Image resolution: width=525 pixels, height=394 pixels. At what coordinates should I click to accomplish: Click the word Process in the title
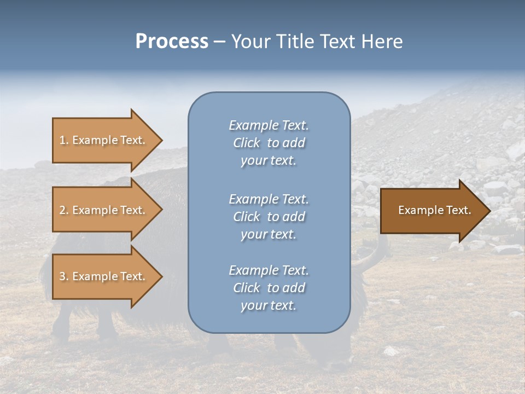(x=172, y=42)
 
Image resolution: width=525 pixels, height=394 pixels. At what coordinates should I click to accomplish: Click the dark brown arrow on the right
(x=432, y=210)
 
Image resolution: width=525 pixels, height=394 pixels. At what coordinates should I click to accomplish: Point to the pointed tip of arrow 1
(x=161, y=140)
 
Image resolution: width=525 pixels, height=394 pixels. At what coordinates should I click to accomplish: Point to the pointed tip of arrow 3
(x=161, y=276)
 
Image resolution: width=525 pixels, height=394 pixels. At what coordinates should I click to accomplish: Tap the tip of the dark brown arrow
(x=489, y=210)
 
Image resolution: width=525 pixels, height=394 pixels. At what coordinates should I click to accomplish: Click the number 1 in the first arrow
(x=62, y=140)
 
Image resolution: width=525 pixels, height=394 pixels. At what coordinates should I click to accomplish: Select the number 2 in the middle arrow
(x=62, y=210)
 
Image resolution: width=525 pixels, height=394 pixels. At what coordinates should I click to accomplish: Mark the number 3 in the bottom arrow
(x=62, y=276)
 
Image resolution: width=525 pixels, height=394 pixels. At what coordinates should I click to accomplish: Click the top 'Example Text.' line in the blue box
(x=269, y=125)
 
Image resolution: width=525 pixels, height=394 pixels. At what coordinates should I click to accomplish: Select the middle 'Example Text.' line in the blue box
(x=269, y=199)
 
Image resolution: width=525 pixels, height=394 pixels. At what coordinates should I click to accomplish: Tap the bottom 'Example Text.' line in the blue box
(x=269, y=270)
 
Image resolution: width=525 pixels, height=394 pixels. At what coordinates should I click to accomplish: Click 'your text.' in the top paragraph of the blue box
(x=269, y=161)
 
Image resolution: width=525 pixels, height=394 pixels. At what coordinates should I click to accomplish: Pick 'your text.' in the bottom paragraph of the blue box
(x=269, y=306)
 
